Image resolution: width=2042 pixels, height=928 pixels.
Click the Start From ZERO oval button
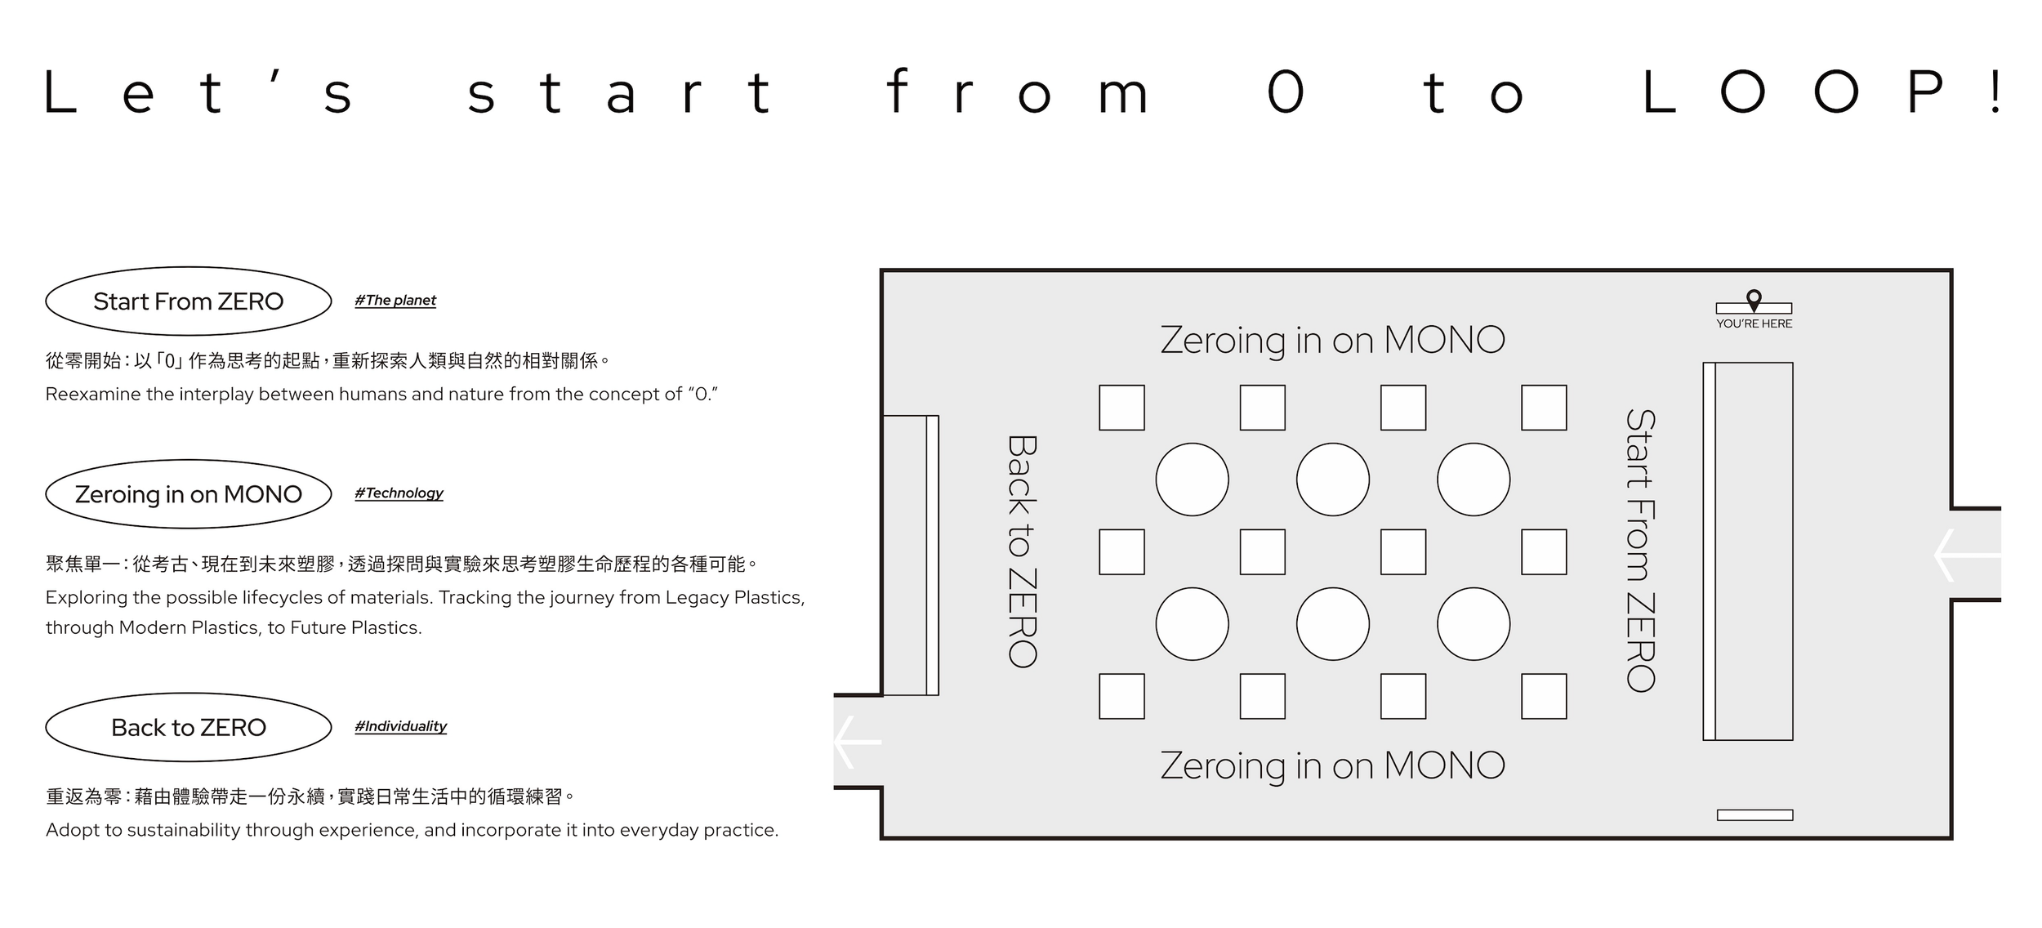click(188, 301)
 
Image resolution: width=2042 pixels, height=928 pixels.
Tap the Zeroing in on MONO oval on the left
click(188, 494)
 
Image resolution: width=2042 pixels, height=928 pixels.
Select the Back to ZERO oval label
click(188, 727)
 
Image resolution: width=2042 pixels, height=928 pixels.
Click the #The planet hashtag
click(395, 301)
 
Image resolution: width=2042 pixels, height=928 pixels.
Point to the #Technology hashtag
click(399, 493)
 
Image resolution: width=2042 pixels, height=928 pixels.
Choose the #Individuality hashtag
click(400, 726)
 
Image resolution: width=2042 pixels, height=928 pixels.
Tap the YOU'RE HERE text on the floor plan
click(1754, 323)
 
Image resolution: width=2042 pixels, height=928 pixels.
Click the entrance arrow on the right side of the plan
click(1966, 555)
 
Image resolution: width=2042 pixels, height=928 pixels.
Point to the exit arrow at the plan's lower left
click(858, 742)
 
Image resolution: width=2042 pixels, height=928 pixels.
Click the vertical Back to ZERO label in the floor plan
click(1022, 551)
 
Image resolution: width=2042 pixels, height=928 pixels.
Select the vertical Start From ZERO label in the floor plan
click(1640, 551)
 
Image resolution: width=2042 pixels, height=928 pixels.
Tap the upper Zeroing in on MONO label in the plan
click(1332, 340)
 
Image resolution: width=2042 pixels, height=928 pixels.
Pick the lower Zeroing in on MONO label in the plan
click(1332, 765)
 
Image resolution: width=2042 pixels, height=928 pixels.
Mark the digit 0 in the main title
click(1285, 92)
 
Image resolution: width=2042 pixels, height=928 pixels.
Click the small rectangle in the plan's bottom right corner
click(1754, 814)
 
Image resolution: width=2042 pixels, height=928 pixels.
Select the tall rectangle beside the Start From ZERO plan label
click(1753, 551)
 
